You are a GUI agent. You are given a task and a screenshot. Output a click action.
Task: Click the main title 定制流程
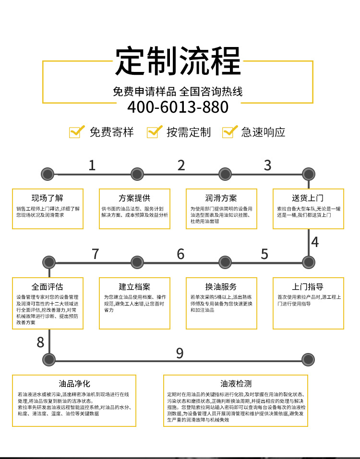point(178,62)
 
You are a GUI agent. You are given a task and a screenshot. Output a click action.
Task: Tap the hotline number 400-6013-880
point(178,107)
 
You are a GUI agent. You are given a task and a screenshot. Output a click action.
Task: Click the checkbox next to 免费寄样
point(76,131)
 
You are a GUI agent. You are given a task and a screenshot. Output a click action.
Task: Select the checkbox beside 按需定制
point(153,131)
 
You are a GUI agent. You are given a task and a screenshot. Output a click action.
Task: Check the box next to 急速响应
point(229,131)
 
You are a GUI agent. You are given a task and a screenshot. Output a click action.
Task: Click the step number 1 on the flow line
point(92,165)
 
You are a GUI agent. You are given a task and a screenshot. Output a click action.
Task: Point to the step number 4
point(314,242)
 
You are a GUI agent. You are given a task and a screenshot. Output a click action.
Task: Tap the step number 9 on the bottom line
point(180,353)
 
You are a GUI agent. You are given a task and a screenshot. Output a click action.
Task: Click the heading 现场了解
point(48,198)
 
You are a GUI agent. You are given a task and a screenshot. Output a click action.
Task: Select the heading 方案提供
point(134,198)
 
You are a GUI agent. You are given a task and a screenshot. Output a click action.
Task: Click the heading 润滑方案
point(221,198)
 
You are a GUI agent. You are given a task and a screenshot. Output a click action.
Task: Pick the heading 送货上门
point(308,198)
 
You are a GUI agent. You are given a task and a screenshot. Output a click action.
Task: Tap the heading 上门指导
point(308,287)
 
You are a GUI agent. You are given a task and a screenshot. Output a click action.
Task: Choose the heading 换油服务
point(221,287)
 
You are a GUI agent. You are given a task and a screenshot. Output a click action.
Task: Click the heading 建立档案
point(134,287)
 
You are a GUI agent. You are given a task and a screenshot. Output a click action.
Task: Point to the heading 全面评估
point(48,287)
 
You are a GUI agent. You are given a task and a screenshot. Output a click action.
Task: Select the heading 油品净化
point(74,384)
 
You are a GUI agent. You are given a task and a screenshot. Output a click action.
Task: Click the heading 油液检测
point(236,384)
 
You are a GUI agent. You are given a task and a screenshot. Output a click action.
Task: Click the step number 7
point(95,254)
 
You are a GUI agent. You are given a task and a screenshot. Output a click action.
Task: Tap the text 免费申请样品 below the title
point(144,91)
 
